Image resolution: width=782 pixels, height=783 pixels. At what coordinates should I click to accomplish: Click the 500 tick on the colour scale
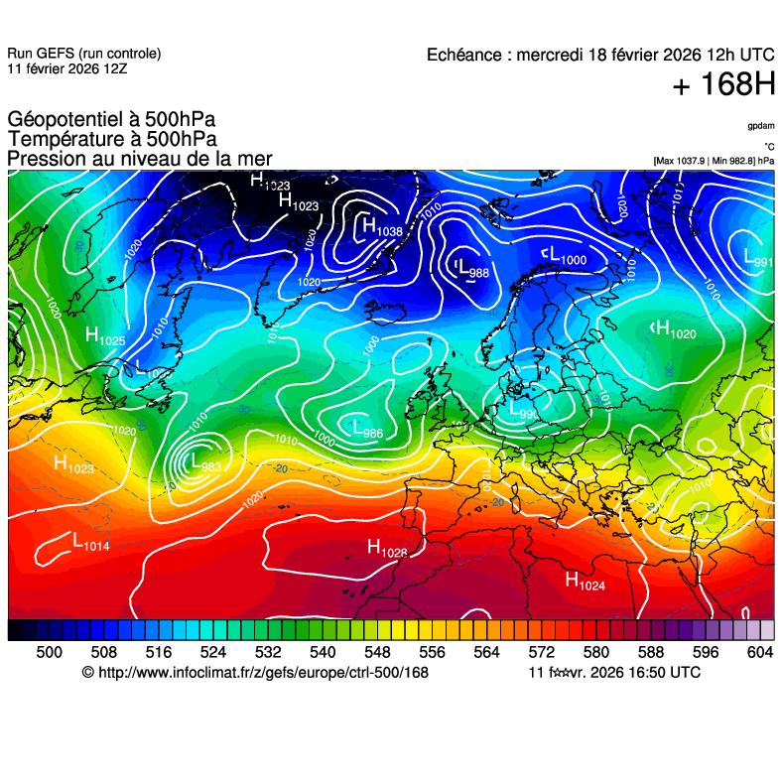[49, 652]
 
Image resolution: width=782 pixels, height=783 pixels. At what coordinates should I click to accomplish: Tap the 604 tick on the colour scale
[760, 652]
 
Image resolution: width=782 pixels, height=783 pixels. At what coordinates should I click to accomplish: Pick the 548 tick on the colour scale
[375, 652]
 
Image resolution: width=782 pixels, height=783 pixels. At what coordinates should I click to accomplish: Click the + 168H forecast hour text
[723, 86]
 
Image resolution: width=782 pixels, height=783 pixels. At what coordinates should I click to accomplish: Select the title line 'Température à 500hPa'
[112, 140]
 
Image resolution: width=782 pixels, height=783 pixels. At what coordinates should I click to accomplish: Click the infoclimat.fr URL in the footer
[255, 673]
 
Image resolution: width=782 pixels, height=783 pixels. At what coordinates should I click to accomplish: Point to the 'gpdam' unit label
[761, 126]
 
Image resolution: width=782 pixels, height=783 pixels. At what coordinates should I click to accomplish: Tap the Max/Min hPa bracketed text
[714, 160]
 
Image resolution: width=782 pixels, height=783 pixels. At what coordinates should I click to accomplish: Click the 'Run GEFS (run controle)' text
[84, 54]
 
